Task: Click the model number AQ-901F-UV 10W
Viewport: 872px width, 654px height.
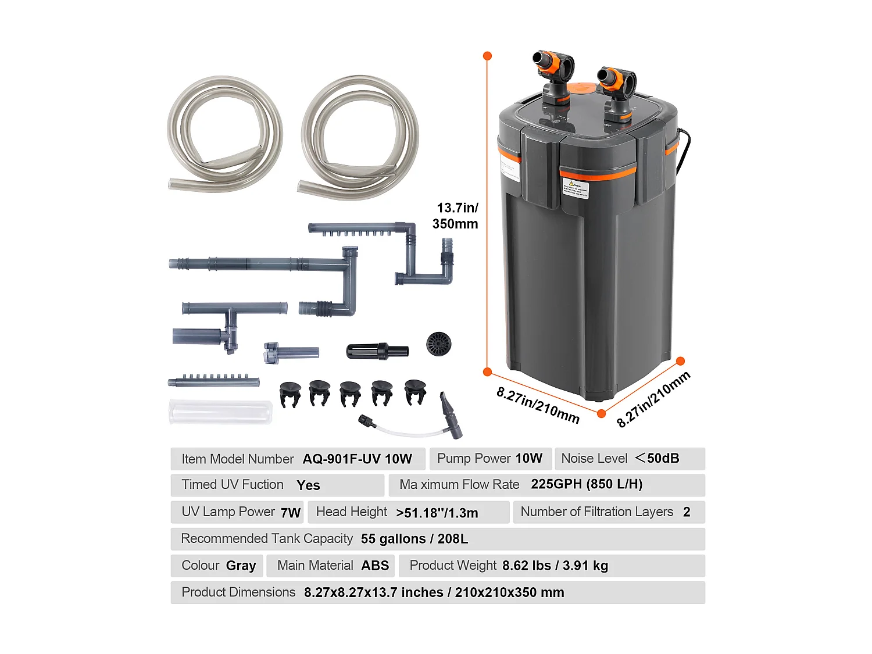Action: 357,459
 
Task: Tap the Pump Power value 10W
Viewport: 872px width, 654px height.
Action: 528,458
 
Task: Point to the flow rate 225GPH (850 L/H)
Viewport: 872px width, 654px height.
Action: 587,484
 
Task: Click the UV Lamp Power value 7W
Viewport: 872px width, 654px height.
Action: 290,512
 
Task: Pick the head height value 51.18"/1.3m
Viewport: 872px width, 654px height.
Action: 437,513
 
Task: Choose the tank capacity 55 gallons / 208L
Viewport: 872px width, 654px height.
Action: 414,539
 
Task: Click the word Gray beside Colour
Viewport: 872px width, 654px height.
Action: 241,566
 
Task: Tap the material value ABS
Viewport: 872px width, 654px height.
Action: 375,566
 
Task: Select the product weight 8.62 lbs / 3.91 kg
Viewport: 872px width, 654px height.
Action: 555,566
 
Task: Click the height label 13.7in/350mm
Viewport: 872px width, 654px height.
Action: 456,216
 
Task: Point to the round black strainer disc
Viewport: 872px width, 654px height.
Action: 438,344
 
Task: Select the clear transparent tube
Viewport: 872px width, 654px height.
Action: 220,412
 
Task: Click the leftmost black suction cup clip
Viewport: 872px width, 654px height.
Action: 290,394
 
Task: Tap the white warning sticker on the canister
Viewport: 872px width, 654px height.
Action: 575,190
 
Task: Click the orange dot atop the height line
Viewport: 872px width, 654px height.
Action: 488,56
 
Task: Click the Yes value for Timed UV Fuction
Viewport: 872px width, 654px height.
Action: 308,485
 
